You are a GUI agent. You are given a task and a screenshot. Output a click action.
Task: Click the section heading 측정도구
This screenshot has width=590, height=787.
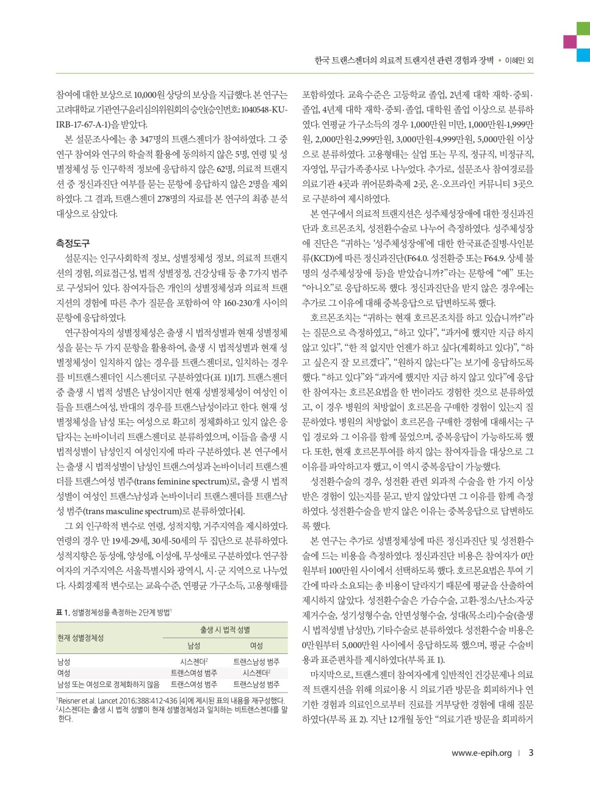point(73,243)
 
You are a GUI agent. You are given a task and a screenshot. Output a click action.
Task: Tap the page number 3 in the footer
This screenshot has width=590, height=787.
point(531,752)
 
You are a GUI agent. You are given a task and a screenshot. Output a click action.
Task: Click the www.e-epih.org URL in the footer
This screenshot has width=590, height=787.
point(481,753)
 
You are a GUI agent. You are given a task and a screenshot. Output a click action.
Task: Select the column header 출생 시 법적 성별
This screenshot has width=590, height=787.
point(225,630)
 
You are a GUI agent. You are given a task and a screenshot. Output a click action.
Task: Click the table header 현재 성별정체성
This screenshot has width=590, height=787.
point(80,638)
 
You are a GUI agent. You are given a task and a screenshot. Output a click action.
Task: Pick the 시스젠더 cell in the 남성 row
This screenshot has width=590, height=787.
point(194,661)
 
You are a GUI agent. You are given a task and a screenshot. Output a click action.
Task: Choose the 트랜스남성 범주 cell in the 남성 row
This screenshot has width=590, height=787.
point(256,661)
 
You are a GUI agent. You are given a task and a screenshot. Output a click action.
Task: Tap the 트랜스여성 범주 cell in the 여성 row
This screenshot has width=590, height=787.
point(194,673)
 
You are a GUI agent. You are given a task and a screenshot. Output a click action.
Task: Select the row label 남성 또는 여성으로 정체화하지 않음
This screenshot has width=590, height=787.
point(108,685)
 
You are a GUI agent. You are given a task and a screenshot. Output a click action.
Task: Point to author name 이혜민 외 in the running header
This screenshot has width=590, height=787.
point(520,60)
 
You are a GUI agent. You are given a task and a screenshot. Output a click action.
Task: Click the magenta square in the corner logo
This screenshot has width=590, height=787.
point(570,41)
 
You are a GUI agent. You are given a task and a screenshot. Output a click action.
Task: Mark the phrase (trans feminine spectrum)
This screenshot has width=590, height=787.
point(181,481)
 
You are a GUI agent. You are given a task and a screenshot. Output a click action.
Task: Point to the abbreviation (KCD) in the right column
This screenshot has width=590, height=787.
point(313,258)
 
